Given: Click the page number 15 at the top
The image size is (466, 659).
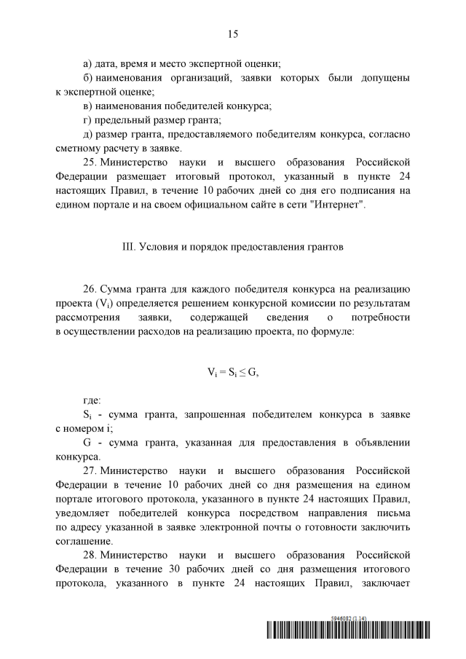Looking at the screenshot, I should click(x=233, y=33).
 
